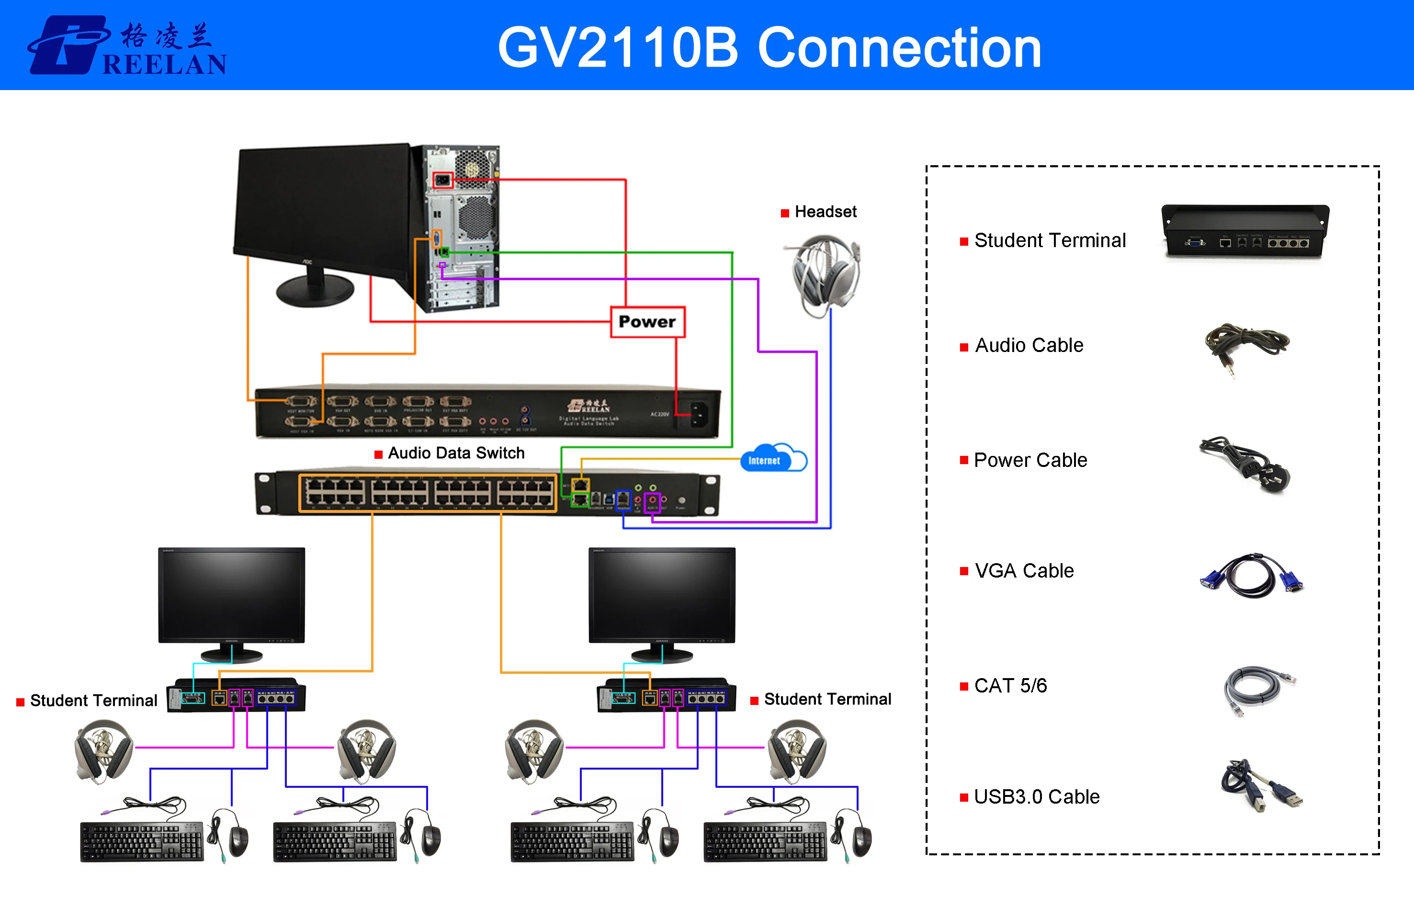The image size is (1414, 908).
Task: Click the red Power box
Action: (x=647, y=322)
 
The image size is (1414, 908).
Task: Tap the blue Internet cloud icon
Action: (x=772, y=459)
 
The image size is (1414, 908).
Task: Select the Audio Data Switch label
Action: (x=456, y=453)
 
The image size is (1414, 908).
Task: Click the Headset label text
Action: (x=825, y=212)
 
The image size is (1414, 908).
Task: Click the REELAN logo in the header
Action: (x=127, y=46)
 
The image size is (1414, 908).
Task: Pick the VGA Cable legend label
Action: (x=1024, y=571)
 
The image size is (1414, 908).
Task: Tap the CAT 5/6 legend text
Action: (x=1010, y=686)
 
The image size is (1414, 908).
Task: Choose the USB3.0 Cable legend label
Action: (x=1036, y=796)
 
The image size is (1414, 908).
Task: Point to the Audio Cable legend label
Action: (x=1029, y=345)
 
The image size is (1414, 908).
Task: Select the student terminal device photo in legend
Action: (x=1245, y=231)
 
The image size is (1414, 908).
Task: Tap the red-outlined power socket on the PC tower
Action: (x=442, y=180)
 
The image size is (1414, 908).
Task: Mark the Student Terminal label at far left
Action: (x=93, y=701)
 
